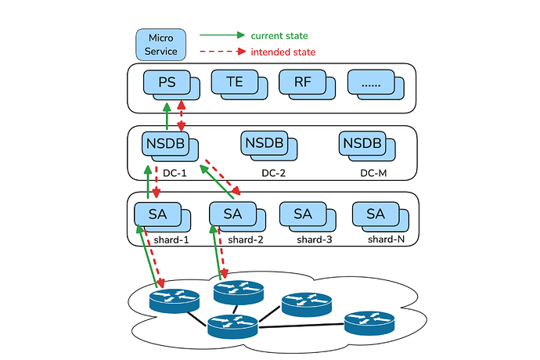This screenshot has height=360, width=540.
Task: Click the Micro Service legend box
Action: pos(160,44)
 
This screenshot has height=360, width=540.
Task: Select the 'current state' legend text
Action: pos(279,36)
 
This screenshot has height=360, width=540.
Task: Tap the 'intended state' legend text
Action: pos(282,52)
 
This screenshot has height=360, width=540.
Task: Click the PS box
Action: pos(167,81)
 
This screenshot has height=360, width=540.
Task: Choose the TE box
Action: pos(234,81)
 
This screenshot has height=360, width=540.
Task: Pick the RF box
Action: pos(301,81)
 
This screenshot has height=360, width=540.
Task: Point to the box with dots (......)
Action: pos(369,81)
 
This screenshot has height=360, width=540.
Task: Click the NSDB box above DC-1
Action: pos(165,144)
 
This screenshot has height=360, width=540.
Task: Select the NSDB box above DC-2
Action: pos(265,144)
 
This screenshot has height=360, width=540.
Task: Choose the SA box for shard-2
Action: pos(232,212)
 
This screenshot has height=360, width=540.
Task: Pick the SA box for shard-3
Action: pos(302,212)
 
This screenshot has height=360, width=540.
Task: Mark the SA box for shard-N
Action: pos(375,212)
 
